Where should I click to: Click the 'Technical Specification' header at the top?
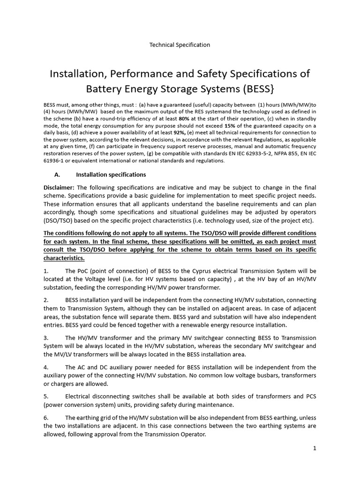click(180, 45)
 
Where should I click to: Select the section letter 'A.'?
click(58, 174)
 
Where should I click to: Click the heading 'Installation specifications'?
click(111, 174)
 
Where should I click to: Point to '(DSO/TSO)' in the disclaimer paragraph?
click(59, 221)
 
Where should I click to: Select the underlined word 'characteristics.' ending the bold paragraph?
click(64, 258)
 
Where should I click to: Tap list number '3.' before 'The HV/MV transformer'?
click(46, 337)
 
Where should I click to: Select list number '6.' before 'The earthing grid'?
click(46, 417)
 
